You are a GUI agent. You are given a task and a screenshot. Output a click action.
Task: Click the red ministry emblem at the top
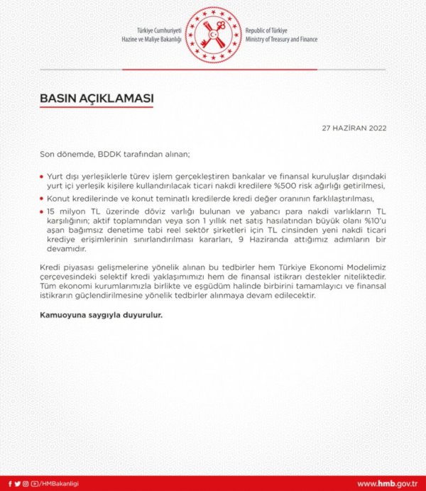point(213,33)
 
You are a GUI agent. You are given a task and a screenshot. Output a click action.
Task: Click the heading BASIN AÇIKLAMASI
point(97,98)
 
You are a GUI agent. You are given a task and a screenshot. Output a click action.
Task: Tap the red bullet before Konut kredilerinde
point(43,199)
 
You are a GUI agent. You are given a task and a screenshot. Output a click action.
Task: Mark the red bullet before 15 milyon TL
point(43,211)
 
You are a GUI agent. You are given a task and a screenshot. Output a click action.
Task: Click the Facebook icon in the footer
point(10,484)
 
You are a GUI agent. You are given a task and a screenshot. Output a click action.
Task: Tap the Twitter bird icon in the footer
point(18,484)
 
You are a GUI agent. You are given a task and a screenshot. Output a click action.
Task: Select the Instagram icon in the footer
point(26,484)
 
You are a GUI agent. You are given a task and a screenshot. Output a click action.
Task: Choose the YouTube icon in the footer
point(34,484)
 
